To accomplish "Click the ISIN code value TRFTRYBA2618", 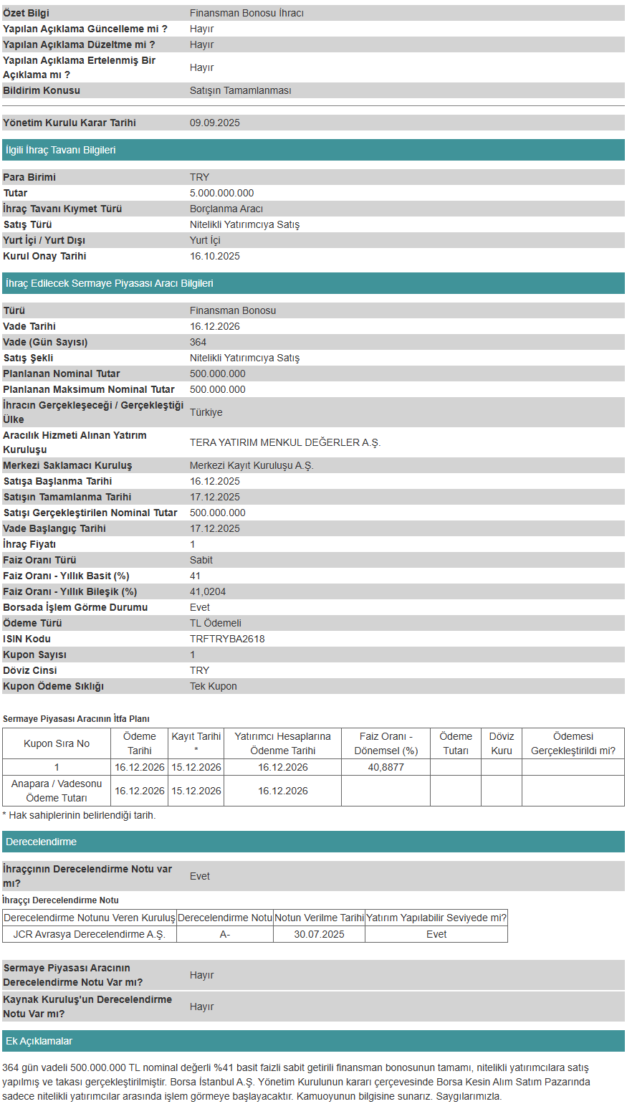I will (x=227, y=639).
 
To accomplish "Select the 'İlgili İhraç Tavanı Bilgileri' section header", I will (x=61, y=150).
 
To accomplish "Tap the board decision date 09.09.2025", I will (x=215, y=123).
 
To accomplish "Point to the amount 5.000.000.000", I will (x=222, y=193).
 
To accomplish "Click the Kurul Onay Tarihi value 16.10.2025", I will (x=215, y=256).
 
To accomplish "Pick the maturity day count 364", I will (x=198, y=342).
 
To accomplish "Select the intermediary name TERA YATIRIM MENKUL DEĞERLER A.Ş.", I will (x=285, y=442).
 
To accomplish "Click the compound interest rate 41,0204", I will (x=208, y=591).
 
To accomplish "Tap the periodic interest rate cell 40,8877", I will (x=386, y=767).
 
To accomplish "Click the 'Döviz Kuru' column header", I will (x=502, y=743).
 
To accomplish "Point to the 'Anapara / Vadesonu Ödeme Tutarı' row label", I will (x=57, y=791).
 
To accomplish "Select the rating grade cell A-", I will (x=225, y=934).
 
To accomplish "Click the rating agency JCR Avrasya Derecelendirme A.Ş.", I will (x=89, y=934).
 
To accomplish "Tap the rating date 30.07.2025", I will (x=319, y=934).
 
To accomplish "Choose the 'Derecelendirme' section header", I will (x=41, y=842).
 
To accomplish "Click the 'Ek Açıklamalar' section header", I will (x=39, y=1041).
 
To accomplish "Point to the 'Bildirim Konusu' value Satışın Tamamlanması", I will (x=241, y=90).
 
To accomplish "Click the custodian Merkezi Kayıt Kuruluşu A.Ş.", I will (x=252, y=465).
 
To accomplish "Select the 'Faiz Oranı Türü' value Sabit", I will (x=201, y=560).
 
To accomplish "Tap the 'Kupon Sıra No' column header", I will (x=57, y=743).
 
